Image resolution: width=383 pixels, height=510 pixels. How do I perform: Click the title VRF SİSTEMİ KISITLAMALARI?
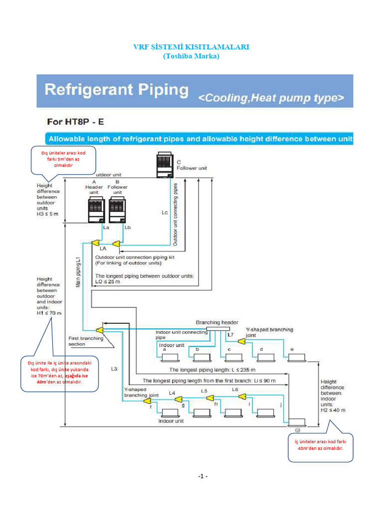[x=191, y=47]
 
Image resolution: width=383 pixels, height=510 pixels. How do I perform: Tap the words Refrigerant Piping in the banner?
[x=117, y=90]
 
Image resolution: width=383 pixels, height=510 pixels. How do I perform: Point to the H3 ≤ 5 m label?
[x=48, y=214]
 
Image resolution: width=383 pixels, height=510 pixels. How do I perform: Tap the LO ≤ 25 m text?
[x=108, y=281]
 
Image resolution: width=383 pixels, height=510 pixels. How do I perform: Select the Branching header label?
[x=217, y=322]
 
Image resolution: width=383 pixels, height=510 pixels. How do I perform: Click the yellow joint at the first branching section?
[x=99, y=329]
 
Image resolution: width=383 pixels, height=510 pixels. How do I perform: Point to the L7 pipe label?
[x=230, y=335]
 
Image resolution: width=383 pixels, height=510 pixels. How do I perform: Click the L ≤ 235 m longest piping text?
[x=212, y=370]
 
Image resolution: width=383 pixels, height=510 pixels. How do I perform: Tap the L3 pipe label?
[x=114, y=369]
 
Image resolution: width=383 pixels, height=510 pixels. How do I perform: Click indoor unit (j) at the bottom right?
[x=297, y=422]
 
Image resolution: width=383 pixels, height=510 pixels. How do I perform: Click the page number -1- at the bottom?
[x=202, y=477]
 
